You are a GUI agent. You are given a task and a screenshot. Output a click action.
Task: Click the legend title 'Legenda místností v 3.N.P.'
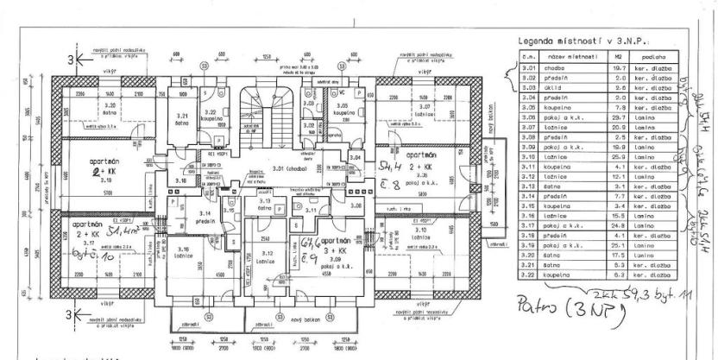(x=583, y=41)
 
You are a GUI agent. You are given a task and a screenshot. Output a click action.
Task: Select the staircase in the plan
(x=260, y=108)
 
